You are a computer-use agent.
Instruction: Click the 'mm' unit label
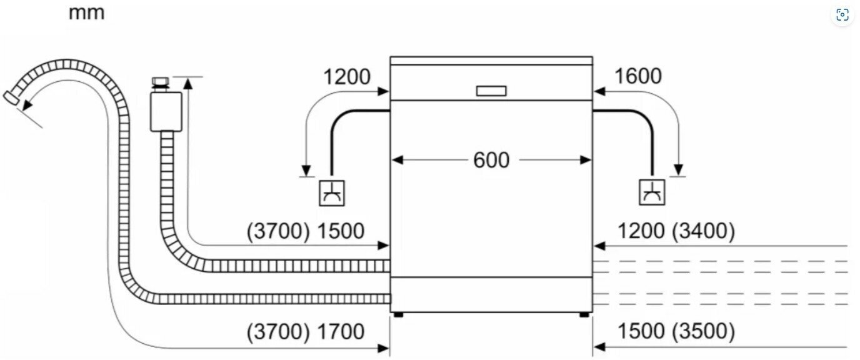pyautogui.click(x=86, y=12)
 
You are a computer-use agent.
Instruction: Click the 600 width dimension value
pyautogui.click(x=491, y=160)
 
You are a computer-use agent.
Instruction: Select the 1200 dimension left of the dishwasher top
pyautogui.click(x=346, y=77)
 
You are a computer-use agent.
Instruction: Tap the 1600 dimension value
pyautogui.click(x=637, y=76)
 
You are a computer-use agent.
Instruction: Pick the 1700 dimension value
pyautogui.click(x=341, y=332)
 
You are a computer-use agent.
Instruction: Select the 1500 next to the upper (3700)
pyautogui.click(x=341, y=231)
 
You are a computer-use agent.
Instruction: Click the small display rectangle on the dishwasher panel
pyautogui.click(x=491, y=91)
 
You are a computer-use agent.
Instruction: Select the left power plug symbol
pyautogui.click(x=331, y=192)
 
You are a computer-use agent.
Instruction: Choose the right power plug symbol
pyautogui.click(x=652, y=192)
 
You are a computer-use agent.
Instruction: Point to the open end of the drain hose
pyautogui.click(x=11, y=97)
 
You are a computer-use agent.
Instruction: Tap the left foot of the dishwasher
pyautogui.click(x=398, y=314)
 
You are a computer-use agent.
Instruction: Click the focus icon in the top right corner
pyautogui.click(x=842, y=15)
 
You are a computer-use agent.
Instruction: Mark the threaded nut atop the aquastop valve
pyautogui.click(x=160, y=82)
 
